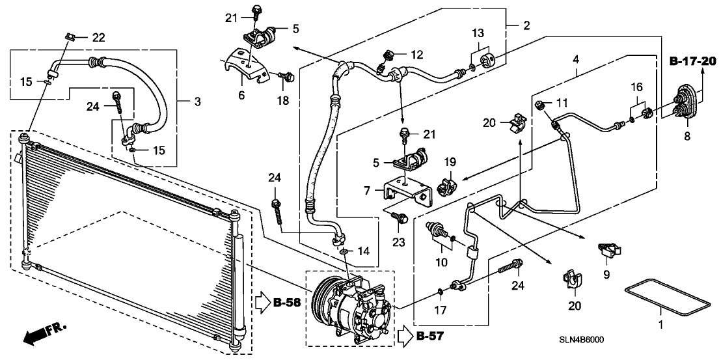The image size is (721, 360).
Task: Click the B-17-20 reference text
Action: coord(692,62)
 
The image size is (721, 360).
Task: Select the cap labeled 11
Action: coord(539,104)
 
